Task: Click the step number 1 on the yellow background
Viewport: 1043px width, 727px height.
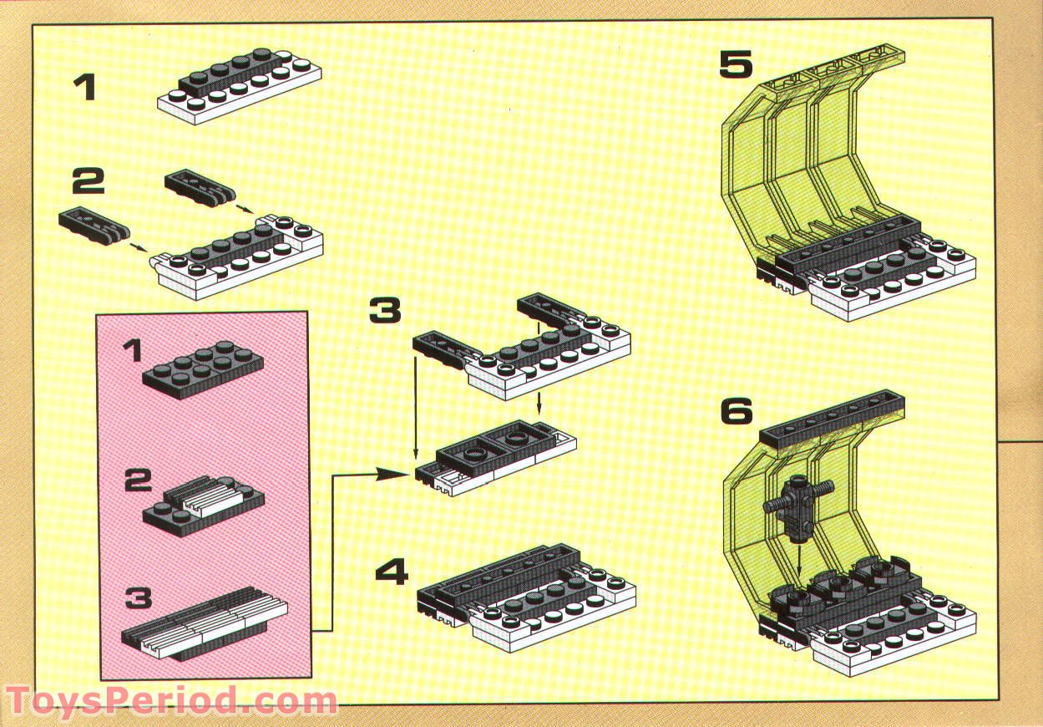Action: click(x=85, y=88)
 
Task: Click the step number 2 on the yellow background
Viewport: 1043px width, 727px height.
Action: click(x=87, y=180)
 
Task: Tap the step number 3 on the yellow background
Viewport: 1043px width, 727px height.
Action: click(x=385, y=310)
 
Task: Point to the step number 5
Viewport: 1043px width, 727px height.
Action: click(x=736, y=65)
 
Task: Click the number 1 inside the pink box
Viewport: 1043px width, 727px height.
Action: click(x=133, y=352)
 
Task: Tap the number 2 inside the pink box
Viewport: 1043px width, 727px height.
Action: click(x=137, y=480)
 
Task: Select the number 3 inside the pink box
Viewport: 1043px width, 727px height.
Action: click(x=139, y=598)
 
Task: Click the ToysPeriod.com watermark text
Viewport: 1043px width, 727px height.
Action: click(x=170, y=700)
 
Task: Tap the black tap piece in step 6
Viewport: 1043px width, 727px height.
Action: click(x=796, y=506)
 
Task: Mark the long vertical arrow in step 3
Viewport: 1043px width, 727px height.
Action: click(x=416, y=401)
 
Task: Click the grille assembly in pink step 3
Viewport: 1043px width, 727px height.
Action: click(x=205, y=624)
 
